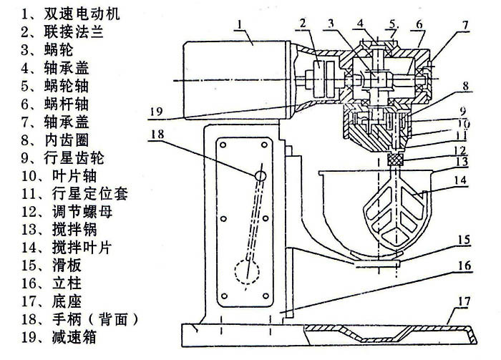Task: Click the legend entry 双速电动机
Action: (x=68, y=14)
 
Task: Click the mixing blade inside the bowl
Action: (x=391, y=212)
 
